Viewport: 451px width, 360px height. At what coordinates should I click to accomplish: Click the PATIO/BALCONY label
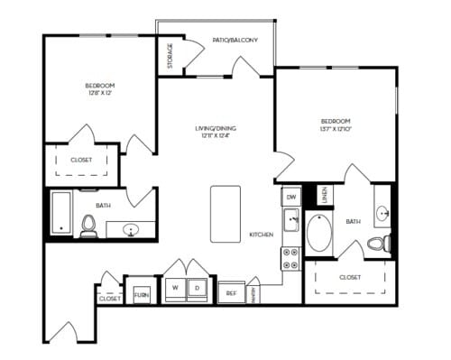click(235, 41)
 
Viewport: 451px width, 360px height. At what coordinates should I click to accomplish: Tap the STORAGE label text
click(170, 56)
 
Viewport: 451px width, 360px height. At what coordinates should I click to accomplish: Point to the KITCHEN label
click(262, 235)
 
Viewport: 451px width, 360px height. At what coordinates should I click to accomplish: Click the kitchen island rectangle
click(225, 214)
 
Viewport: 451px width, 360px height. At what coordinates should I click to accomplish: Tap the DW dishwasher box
click(291, 196)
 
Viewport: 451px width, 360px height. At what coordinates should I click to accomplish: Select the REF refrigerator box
click(231, 292)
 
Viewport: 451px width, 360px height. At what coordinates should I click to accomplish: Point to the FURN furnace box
click(141, 295)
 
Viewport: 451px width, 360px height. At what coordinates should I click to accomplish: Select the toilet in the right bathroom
click(379, 242)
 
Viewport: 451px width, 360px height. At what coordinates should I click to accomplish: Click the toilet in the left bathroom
click(88, 226)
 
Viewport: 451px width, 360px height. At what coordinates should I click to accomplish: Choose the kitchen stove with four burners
click(291, 259)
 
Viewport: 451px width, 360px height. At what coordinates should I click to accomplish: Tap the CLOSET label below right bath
click(351, 278)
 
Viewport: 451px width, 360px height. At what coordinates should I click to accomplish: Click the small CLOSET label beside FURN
click(110, 297)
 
